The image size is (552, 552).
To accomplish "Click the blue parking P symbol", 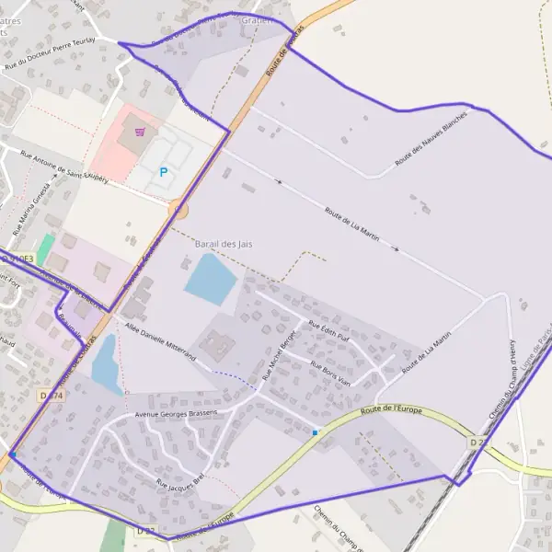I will tap(165, 171).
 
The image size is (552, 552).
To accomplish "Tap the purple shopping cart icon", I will tap(138, 131).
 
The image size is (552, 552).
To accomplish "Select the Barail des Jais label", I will tap(224, 244).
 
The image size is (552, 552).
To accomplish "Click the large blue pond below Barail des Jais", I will tap(211, 278).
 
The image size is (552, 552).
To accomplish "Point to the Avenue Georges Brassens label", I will tap(176, 414).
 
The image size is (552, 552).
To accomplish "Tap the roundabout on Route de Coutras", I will tap(178, 211).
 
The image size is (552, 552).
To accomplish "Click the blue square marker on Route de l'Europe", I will tap(315, 431).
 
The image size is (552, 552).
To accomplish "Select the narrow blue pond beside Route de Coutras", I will tap(105, 362).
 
